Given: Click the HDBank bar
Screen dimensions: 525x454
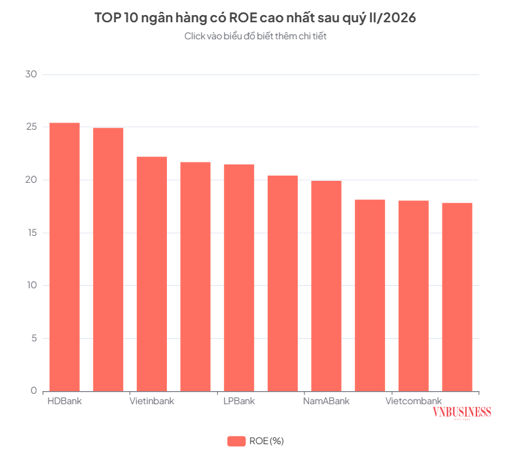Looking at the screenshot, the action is click(x=65, y=257).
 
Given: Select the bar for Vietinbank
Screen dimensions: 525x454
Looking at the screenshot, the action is click(x=152, y=274).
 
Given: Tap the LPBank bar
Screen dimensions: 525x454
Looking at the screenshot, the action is click(x=239, y=278).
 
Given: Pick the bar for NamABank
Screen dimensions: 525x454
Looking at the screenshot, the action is click(x=327, y=286).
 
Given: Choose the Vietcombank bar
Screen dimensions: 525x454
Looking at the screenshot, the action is click(x=414, y=296).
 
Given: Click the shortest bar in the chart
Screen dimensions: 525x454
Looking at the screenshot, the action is click(x=457, y=297).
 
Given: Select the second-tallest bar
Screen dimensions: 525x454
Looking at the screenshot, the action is click(x=108, y=259).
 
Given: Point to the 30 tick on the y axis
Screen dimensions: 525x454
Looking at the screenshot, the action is click(x=31, y=74).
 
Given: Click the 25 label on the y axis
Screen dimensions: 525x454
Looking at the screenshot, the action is click(x=31, y=126).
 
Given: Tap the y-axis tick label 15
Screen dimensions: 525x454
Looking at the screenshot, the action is click(x=32, y=233).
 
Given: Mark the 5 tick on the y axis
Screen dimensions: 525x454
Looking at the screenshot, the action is click(x=34, y=338).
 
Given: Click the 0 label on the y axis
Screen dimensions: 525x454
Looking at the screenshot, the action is click(x=34, y=390).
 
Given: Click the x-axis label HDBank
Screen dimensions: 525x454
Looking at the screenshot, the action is click(x=65, y=401).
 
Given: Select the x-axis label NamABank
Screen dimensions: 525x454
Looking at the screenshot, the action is click(x=327, y=401).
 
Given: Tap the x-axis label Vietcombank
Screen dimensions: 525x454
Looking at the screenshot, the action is click(x=414, y=401).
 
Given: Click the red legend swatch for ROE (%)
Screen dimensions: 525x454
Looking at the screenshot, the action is click(x=236, y=441).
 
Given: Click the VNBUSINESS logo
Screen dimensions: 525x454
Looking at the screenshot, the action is click(x=462, y=413).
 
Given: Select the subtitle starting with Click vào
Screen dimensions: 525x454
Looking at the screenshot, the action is click(x=255, y=36).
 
